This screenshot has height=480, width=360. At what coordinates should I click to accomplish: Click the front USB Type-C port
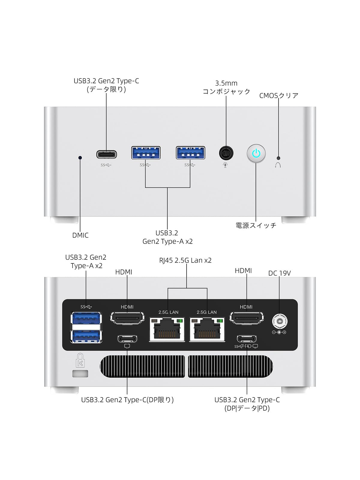point(106,154)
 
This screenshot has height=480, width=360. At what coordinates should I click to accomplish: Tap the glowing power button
point(256,154)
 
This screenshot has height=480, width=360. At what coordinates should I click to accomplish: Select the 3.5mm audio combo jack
point(226,153)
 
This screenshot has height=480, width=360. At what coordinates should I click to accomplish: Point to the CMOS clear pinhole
point(278,158)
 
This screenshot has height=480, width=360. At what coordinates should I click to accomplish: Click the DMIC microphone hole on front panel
point(80,157)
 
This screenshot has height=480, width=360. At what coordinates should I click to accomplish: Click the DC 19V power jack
point(280,321)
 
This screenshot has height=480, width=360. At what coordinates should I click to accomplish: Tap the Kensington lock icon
point(80,360)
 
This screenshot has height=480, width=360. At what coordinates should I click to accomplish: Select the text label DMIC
point(80,235)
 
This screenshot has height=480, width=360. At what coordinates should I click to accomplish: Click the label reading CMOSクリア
point(279,96)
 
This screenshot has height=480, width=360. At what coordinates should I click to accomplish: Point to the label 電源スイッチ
point(256,226)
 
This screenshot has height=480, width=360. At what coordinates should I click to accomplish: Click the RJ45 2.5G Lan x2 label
point(185,260)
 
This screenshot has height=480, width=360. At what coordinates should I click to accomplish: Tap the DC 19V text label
point(279,273)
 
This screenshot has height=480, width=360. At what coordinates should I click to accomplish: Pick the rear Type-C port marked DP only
point(127,339)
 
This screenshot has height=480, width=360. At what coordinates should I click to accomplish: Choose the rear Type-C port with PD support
point(247,339)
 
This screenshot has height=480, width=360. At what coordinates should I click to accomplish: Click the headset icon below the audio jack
point(225,165)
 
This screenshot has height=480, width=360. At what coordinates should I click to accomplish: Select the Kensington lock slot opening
point(80,374)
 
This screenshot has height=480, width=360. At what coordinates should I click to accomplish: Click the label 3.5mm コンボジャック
point(226,87)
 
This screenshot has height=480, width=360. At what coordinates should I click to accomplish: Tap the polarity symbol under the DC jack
point(279,332)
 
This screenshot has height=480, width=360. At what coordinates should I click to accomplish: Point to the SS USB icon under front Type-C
point(106,165)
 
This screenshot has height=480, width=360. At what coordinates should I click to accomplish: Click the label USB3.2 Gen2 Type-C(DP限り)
point(127,400)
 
